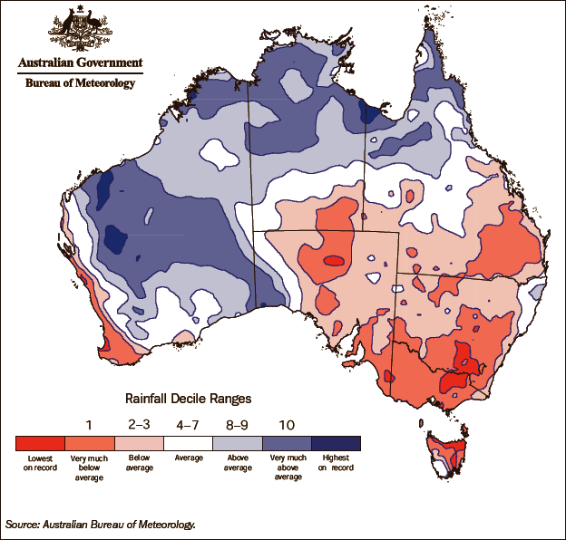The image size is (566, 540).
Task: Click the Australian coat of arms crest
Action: click(80, 30)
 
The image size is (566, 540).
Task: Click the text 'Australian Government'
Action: click(80, 63)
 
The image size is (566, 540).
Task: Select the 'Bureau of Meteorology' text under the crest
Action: click(80, 83)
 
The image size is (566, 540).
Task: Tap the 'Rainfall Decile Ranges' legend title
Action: click(187, 398)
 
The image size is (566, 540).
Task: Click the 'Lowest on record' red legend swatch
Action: click(40, 443)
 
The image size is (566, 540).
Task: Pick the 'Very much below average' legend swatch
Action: click(89, 443)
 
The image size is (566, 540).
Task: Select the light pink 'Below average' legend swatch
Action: click(139, 443)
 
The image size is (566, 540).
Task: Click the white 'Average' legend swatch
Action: click(188, 443)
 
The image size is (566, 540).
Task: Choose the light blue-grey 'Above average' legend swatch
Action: click(238, 443)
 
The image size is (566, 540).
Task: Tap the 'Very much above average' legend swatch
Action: click(287, 443)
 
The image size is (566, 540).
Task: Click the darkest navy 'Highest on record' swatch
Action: click(337, 443)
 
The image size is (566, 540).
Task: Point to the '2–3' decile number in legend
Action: click(139, 422)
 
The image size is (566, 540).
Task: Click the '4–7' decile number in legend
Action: click(188, 422)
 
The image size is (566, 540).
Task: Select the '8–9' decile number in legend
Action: click(238, 422)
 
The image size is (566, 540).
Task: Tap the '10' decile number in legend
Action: click(287, 422)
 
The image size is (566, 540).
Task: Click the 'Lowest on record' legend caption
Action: click(40, 463)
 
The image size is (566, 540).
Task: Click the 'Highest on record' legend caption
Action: click(337, 463)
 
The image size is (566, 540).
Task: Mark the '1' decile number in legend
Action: click(89, 422)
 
